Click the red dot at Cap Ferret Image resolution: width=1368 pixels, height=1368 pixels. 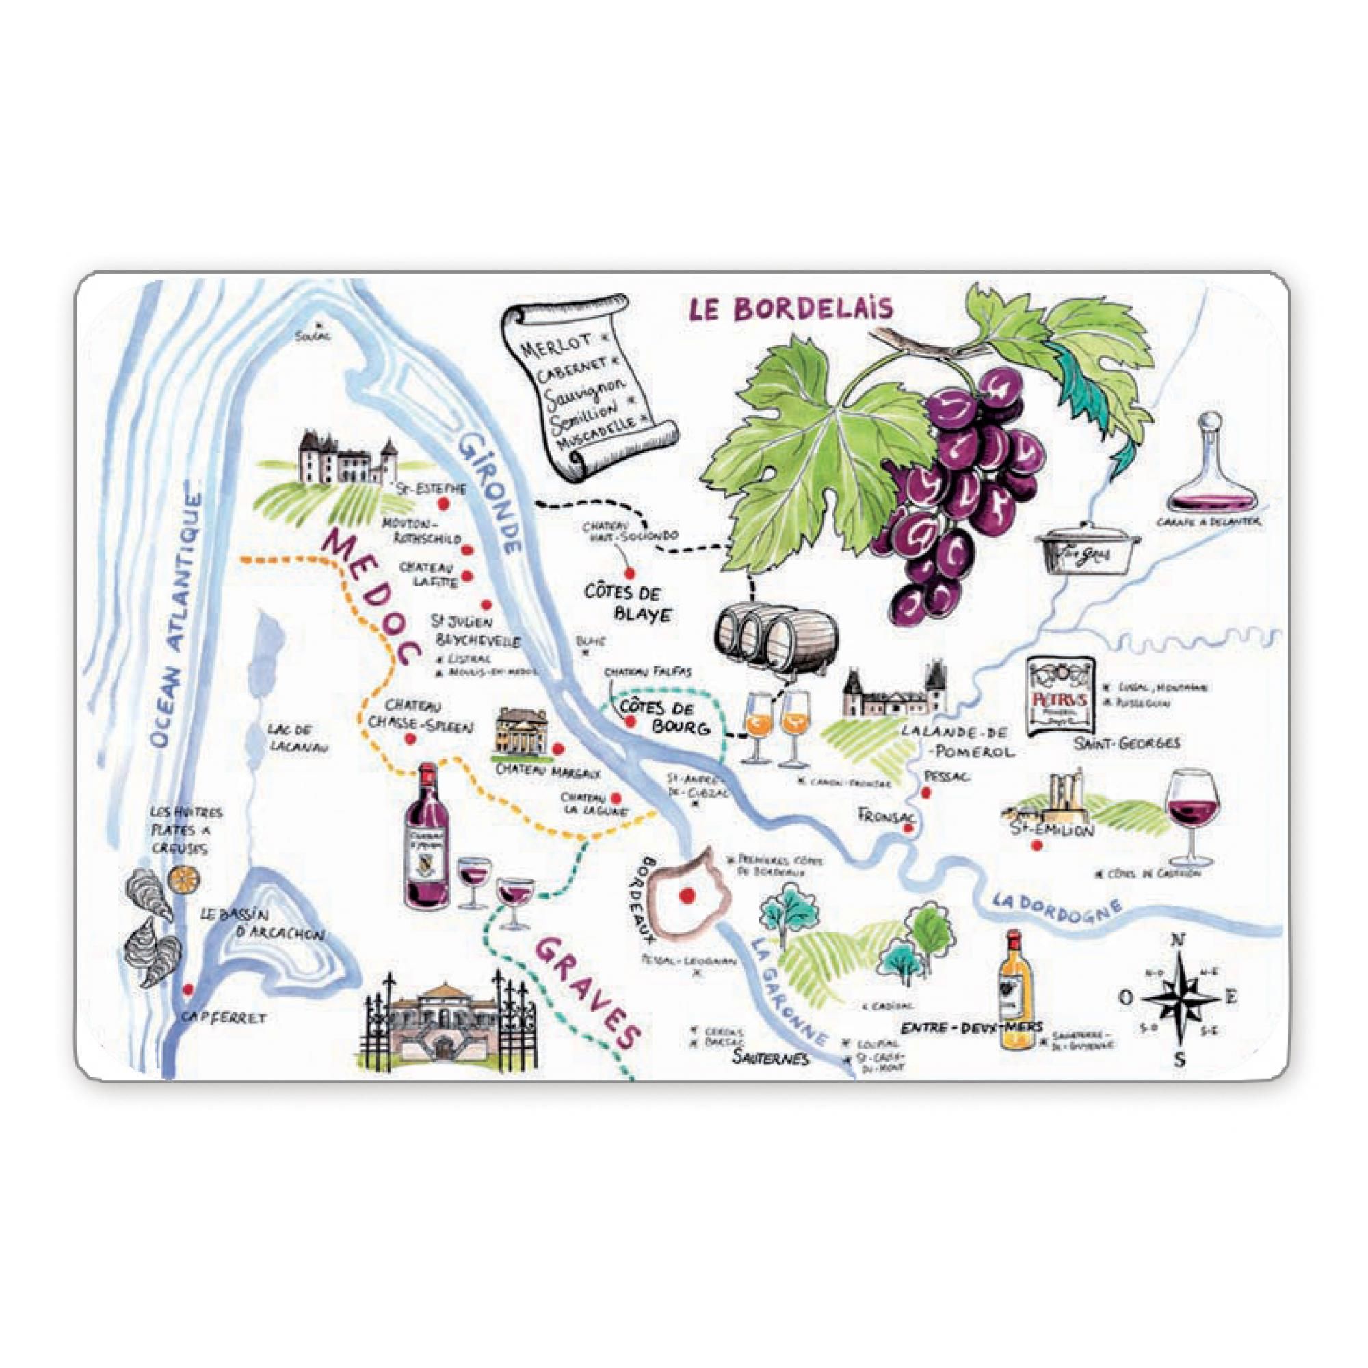pos(187,989)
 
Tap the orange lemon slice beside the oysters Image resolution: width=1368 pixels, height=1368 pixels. pos(183,878)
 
